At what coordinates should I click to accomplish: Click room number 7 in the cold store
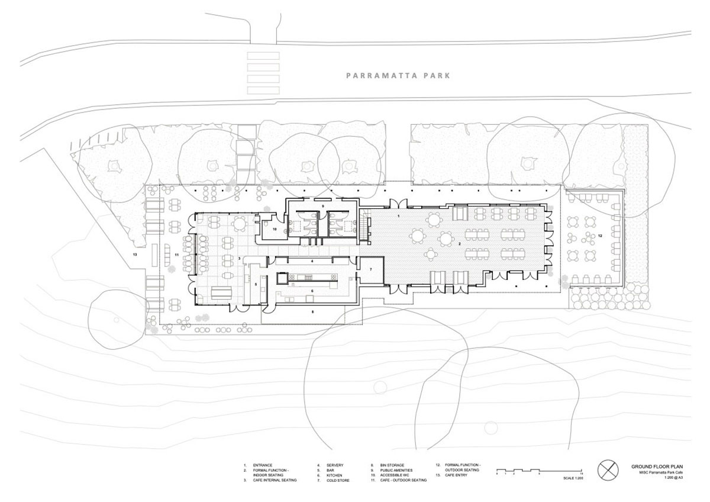tap(371, 269)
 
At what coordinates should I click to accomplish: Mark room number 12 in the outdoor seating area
tap(599, 236)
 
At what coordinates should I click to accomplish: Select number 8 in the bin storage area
tap(312, 311)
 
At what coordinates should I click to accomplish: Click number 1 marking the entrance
tap(399, 217)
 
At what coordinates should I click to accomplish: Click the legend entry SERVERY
tap(334, 465)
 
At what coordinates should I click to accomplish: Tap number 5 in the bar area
tap(256, 285)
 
